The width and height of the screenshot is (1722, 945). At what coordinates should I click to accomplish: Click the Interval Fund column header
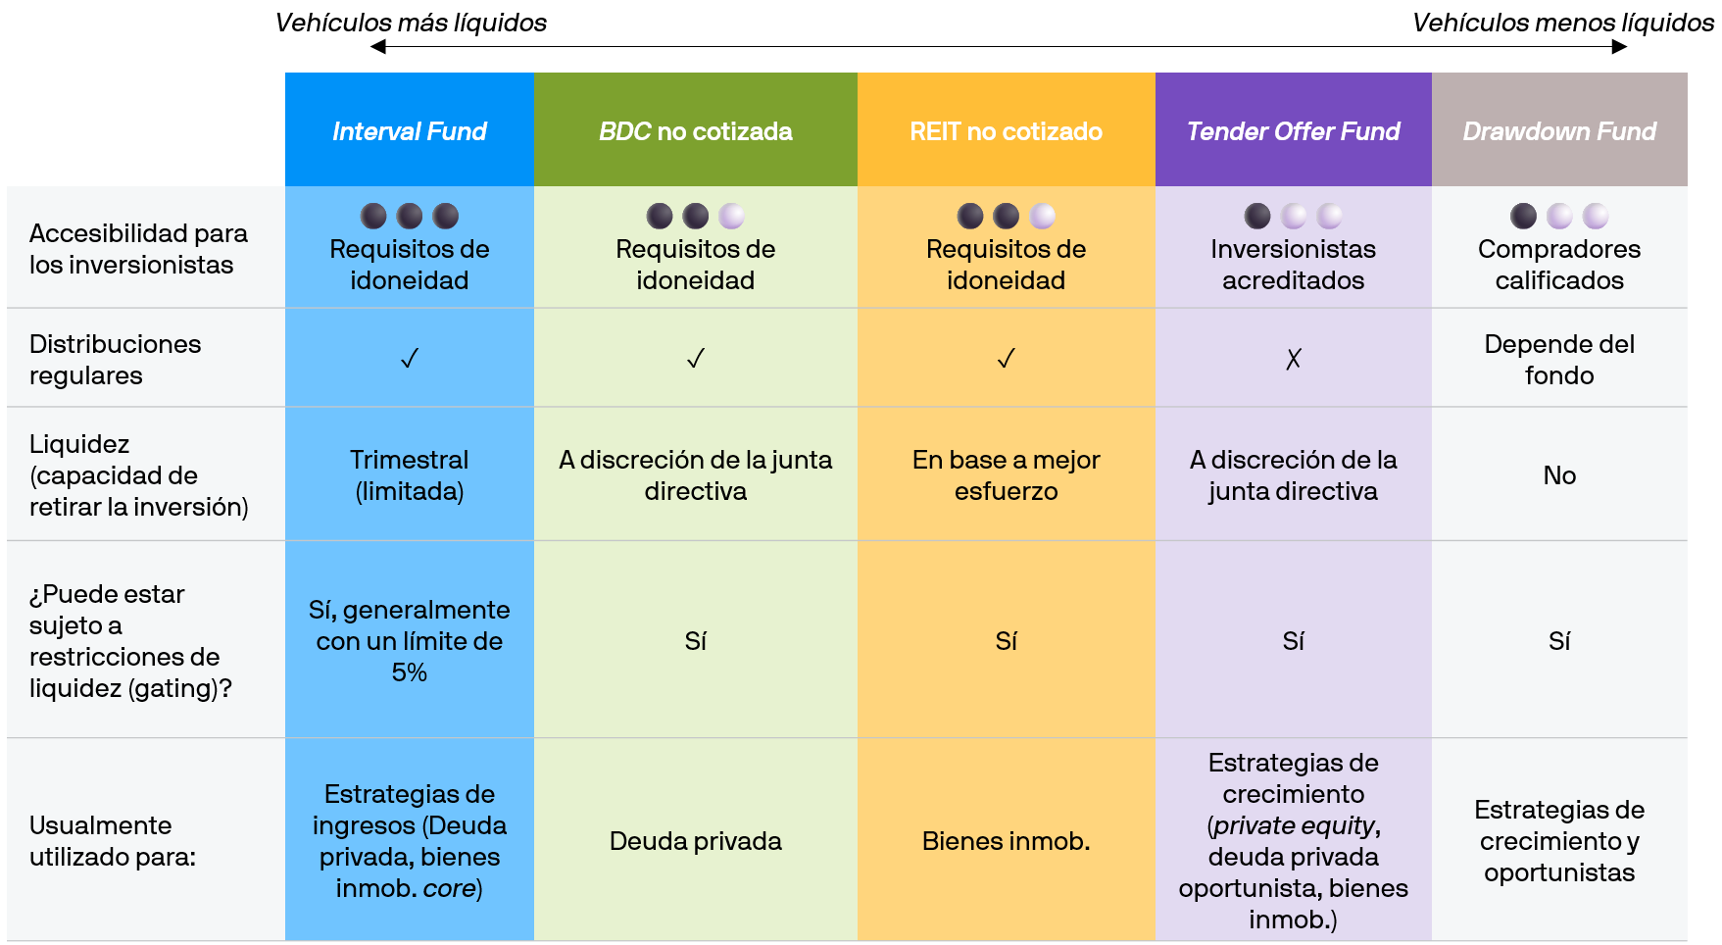tap(410, 131)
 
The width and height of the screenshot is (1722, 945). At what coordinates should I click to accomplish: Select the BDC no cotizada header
tap(696, 131)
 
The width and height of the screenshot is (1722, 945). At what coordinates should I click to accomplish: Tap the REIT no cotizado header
tap(1006, 131)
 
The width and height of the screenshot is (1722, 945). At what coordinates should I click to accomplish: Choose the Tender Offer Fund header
tap(1294, 131)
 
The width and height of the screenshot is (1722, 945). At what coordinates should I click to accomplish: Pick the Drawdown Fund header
tap(1559, 131)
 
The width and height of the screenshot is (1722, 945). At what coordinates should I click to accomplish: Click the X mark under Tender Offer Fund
tap(1294, 359)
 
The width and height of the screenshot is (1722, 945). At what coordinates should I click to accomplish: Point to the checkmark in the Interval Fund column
tap(410, 359)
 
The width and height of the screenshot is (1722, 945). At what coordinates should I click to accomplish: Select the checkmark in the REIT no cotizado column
tap(1006, 359)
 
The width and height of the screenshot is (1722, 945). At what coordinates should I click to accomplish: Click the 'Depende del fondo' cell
tap(1559, 360)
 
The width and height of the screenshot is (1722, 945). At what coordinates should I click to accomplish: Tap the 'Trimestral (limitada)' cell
tap(410, 475)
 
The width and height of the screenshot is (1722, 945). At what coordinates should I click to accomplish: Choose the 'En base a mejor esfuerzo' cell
tap(1006, 475)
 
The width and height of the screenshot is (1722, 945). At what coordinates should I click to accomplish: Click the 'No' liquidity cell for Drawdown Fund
tap(1559, 475)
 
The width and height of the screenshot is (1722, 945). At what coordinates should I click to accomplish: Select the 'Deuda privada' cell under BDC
tap(696, 841)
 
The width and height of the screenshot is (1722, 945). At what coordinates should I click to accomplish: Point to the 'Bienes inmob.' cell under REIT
tap(1006, 841)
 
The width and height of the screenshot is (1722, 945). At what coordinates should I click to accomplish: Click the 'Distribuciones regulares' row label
tap(116, 360)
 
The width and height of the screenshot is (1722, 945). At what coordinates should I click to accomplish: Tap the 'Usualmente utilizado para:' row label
tap(113, 841)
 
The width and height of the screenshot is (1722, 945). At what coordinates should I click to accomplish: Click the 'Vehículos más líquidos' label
tap(411, 23)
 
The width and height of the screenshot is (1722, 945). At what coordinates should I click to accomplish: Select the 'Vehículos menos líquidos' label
tap(1563, 23)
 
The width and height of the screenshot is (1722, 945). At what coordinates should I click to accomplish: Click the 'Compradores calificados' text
tap(1559, 265)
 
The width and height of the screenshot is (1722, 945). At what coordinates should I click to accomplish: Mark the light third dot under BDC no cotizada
tap(731, 216)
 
